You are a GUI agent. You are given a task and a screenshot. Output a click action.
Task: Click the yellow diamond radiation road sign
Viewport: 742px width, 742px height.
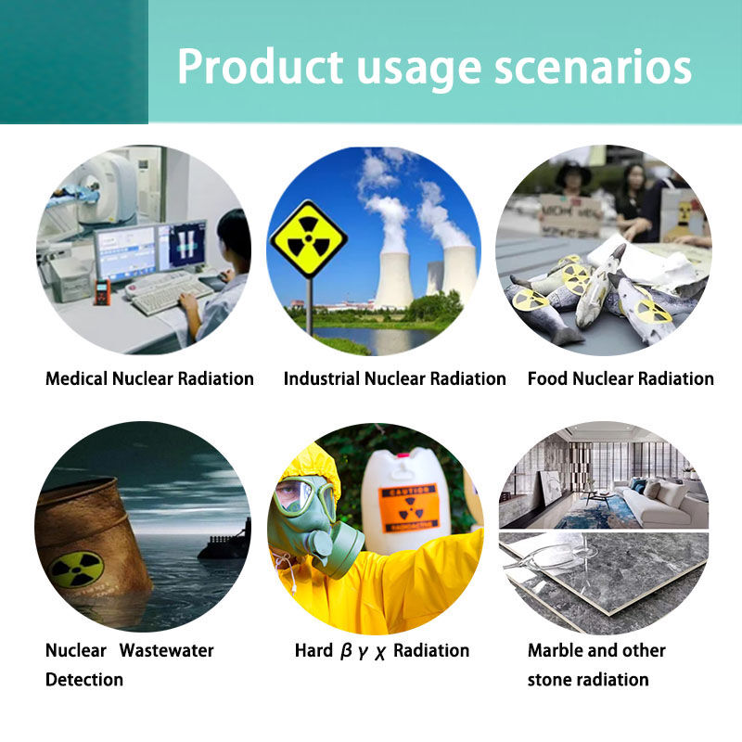coord(308,239)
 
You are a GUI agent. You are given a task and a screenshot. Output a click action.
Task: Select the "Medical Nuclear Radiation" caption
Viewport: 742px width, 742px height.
coord(149,378)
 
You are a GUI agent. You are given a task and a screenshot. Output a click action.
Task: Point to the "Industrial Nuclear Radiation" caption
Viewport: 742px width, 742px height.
coord(394,378)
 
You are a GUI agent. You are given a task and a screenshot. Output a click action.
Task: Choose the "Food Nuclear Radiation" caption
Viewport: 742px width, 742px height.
coord(620,378)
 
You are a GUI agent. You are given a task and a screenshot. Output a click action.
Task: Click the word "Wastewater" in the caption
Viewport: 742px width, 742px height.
coord(167,650)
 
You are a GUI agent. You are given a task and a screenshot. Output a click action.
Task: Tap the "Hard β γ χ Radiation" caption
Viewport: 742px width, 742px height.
coord(382,650)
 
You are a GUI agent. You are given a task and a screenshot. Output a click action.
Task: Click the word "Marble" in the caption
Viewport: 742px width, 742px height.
coord(559,650)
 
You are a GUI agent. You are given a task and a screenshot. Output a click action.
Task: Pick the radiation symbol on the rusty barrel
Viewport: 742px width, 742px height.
coord(76,569)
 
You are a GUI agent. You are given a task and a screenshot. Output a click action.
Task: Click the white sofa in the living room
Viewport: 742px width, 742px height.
coord(660,502)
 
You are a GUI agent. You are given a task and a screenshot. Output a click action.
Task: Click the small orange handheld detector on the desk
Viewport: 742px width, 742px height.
coord(103,291)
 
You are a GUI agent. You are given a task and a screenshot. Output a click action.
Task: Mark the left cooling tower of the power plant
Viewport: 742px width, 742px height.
coord(393,269)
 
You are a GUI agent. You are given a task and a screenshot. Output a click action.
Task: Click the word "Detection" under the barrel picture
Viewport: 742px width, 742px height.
coord(84,680)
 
